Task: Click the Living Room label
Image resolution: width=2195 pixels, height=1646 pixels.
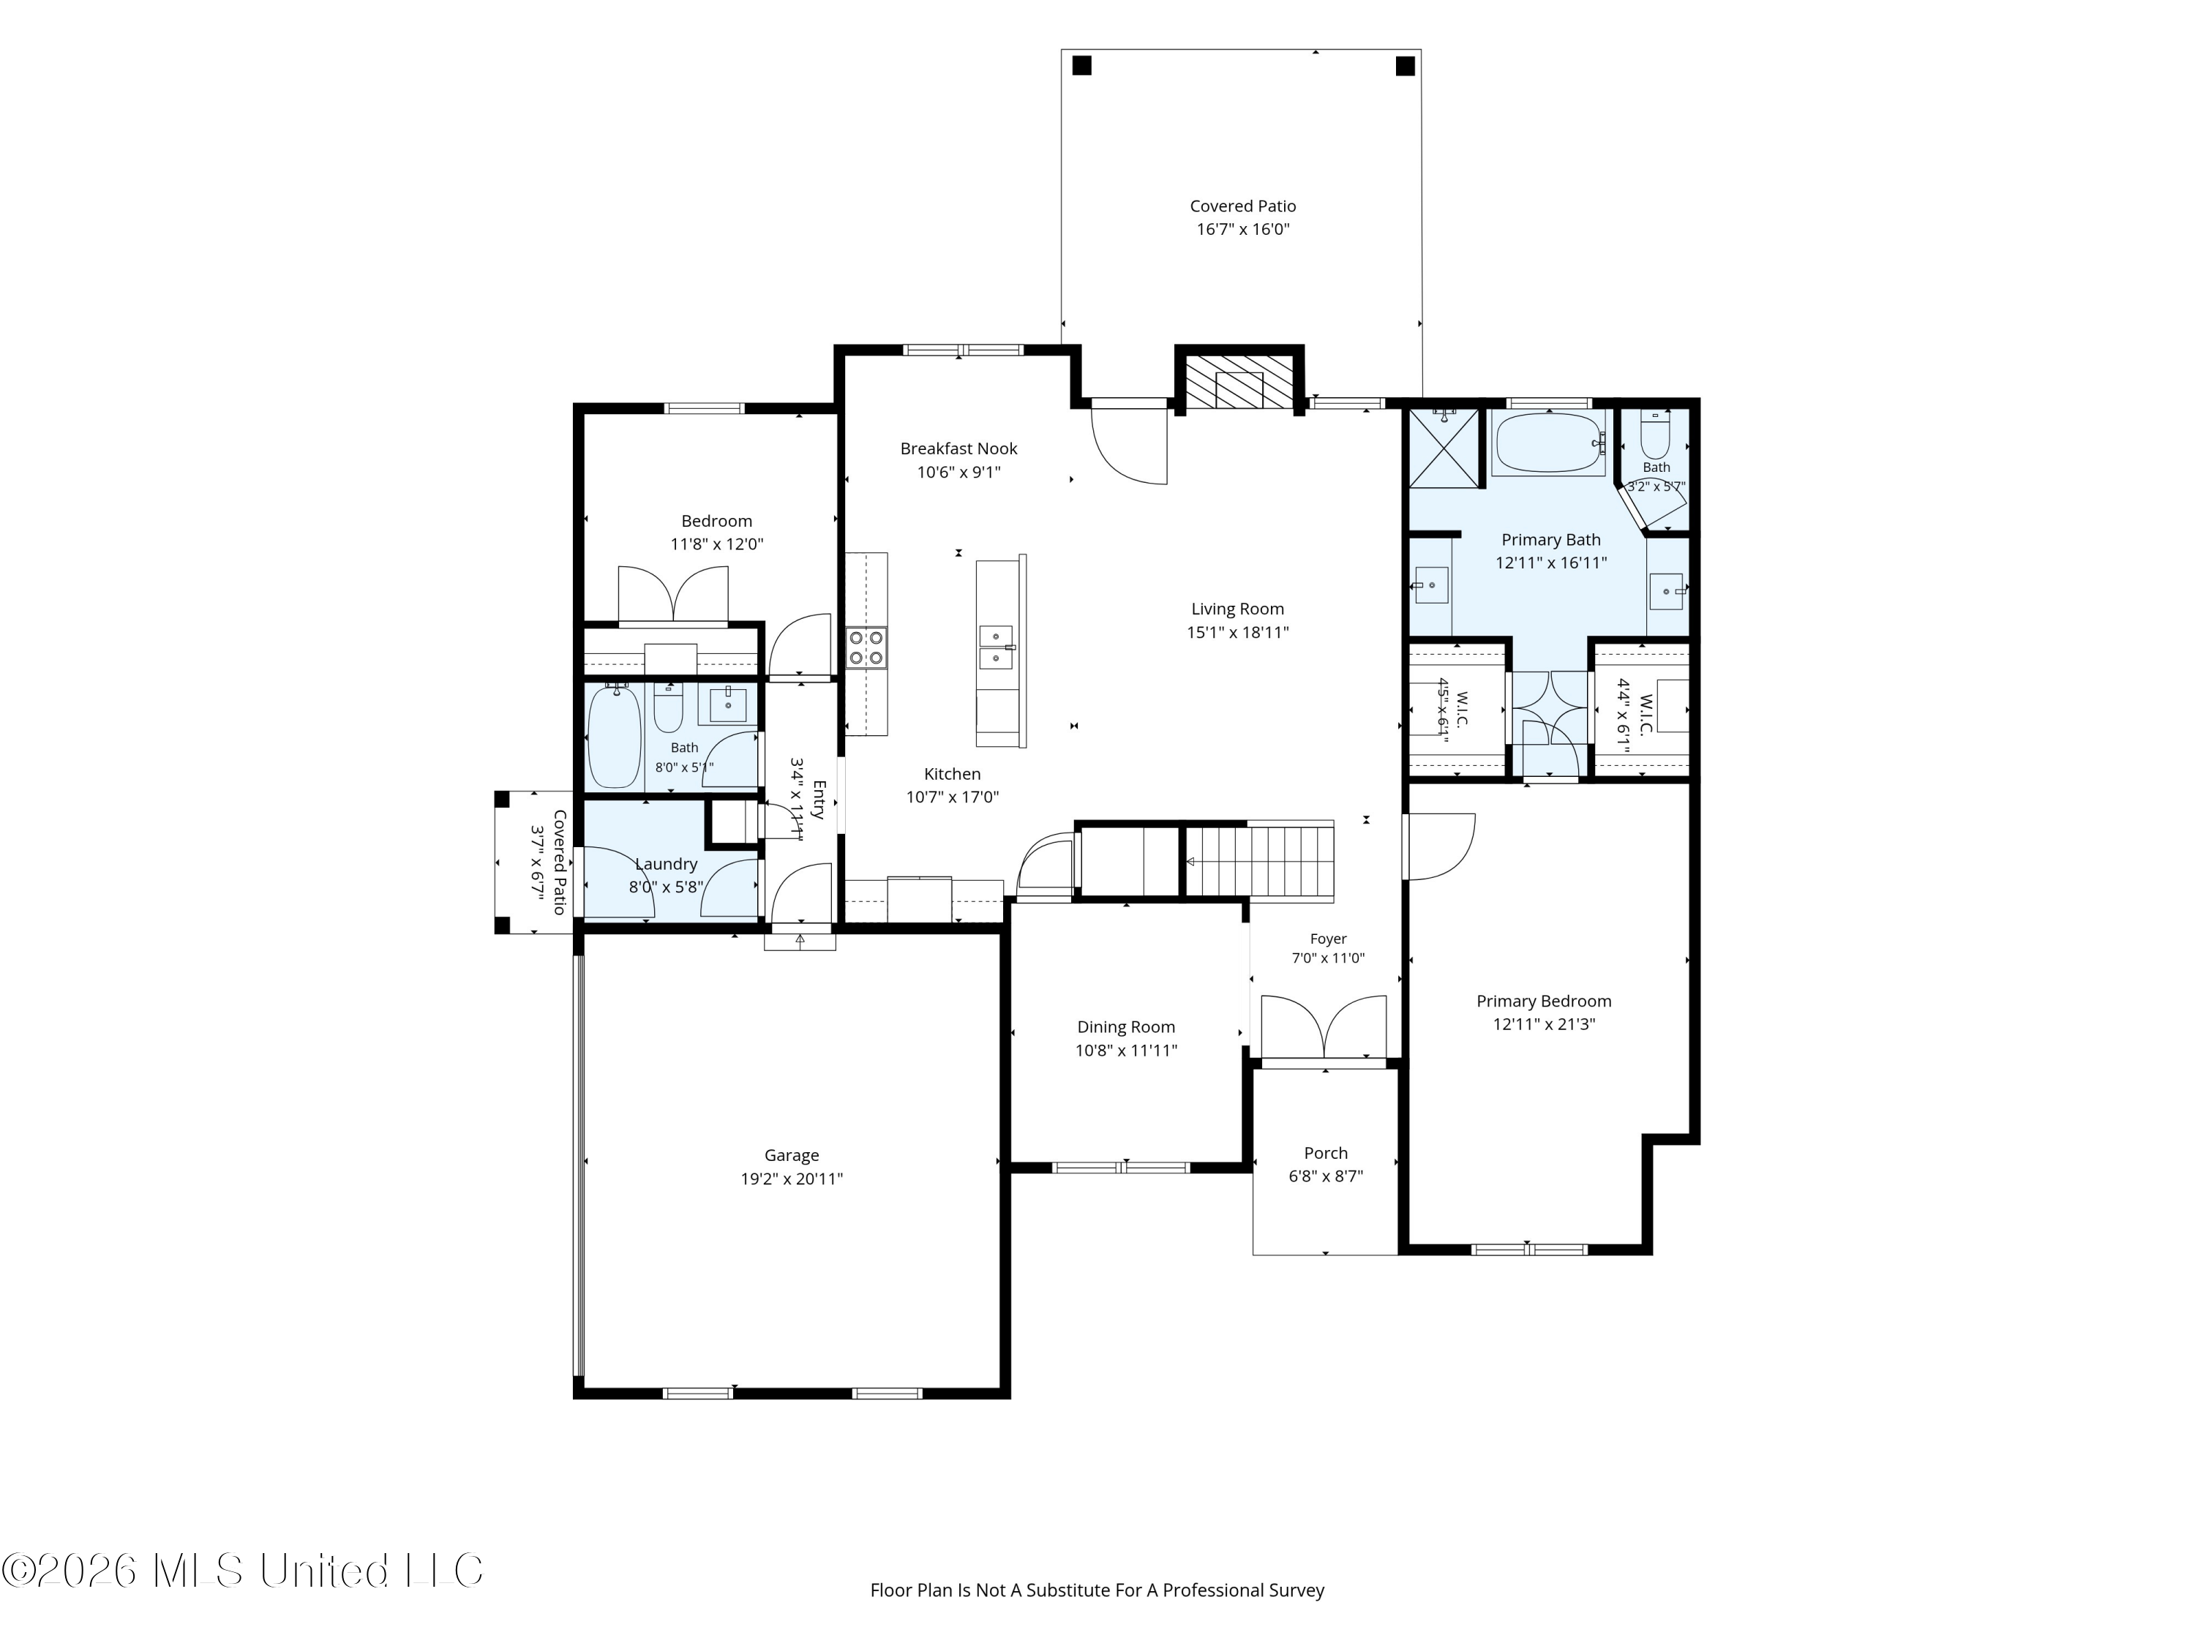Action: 1237,609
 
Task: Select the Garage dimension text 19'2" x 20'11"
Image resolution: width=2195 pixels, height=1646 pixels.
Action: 792,1179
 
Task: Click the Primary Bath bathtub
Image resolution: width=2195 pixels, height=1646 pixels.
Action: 1549,443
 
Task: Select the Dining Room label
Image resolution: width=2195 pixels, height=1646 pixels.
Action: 1126,1027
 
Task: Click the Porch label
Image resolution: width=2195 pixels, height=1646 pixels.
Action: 1326,1153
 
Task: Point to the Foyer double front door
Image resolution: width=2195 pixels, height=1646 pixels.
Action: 1324,1028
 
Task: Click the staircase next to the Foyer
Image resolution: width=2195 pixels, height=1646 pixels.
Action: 1260,861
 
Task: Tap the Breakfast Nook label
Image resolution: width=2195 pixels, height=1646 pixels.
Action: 958,448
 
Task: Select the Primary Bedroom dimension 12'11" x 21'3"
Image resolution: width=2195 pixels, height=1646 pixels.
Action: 1544,1024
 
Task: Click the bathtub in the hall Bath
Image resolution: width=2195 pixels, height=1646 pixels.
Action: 615,737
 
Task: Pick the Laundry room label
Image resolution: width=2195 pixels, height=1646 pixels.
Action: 666,864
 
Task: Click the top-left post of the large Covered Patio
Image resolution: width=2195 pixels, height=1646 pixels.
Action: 1081,66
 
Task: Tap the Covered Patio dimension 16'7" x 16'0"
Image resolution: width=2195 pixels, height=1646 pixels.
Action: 1242,229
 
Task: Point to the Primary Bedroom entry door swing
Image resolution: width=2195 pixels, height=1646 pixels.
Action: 1438,846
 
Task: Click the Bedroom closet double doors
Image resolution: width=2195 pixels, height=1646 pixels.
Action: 673,595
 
